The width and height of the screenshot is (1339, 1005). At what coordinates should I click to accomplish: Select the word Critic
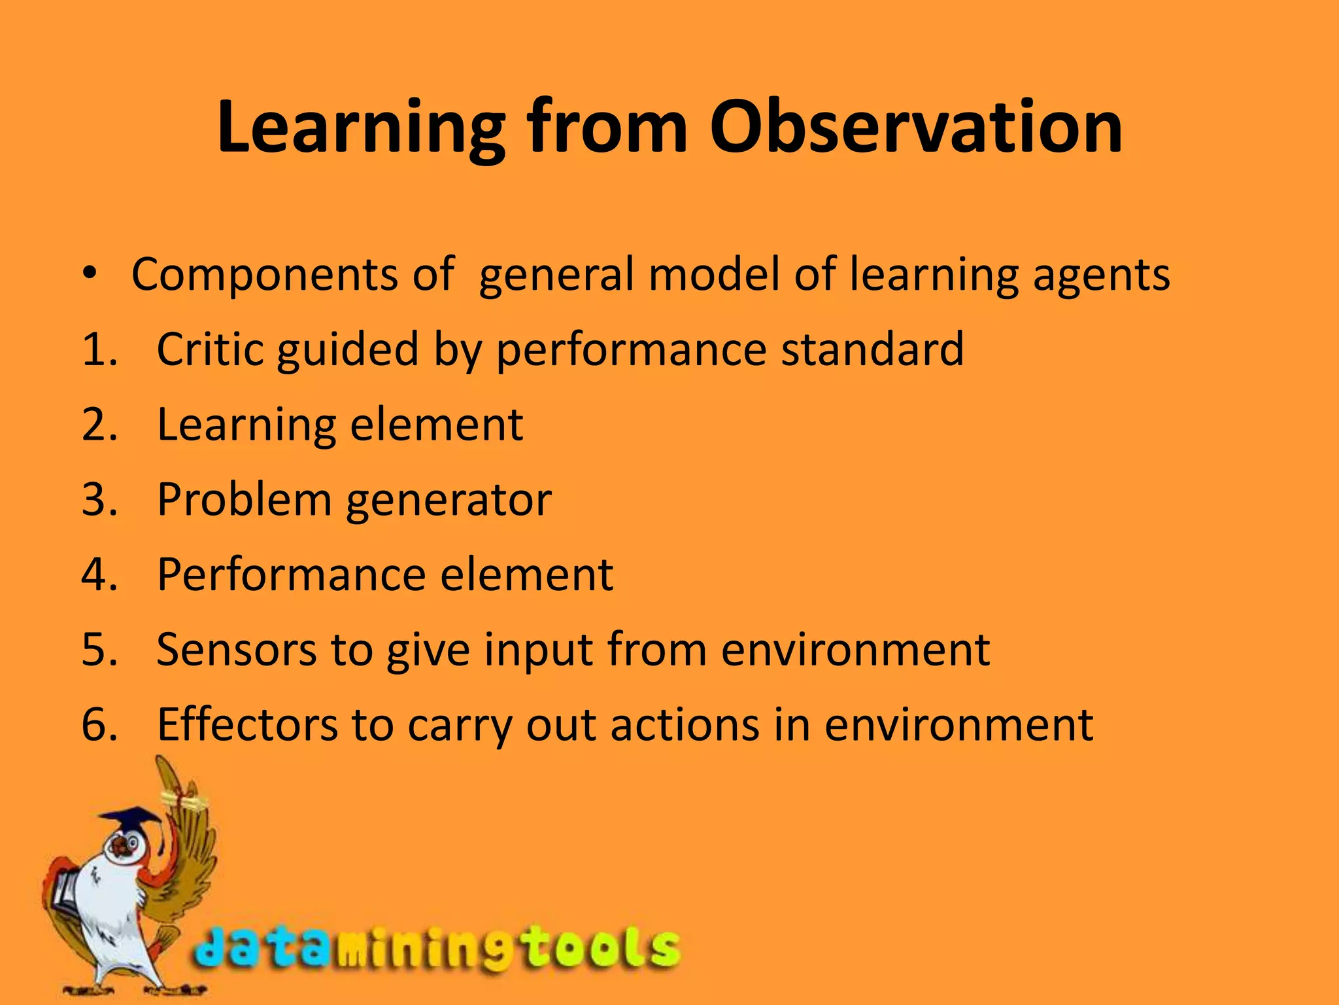click(x=212, y=349)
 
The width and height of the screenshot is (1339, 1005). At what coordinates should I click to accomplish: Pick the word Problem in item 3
click(x=245, y=499)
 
